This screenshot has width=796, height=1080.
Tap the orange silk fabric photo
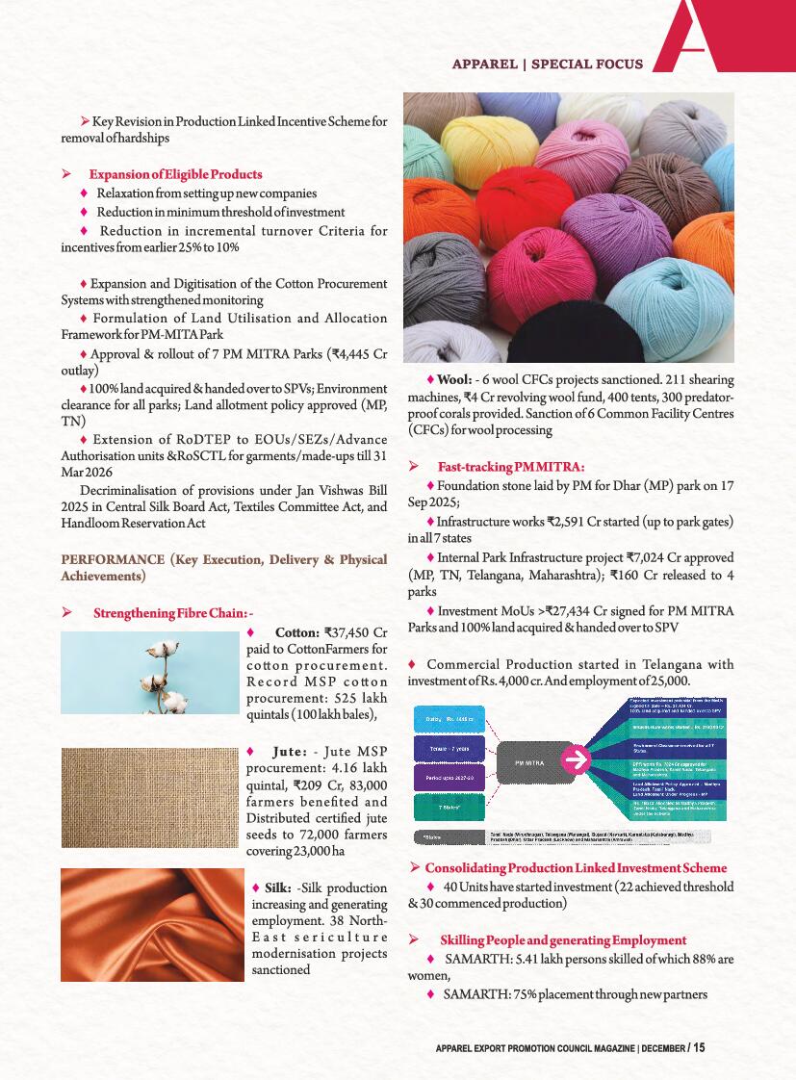[150, 924]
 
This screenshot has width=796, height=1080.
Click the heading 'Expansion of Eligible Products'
[175, 174]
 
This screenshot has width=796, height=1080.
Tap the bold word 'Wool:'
[454, 379]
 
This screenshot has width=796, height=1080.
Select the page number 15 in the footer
[698, 1047]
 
